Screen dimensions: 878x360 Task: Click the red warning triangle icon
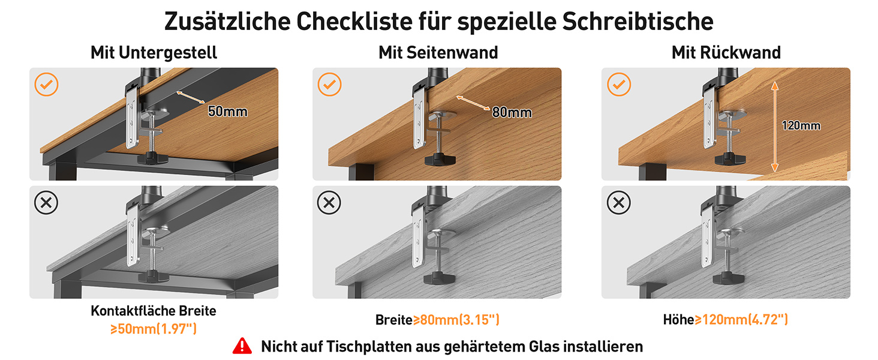(x=242, y=346)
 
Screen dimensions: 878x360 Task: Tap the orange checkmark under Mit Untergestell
(x=46, y=85)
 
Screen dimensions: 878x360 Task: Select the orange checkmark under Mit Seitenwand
(x=329, y=85)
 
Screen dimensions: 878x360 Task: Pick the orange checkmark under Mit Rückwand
(x=619, y=85)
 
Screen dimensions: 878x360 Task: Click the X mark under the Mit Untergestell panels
(x=46, y=203)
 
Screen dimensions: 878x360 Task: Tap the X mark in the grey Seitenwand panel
(x=329, y=203)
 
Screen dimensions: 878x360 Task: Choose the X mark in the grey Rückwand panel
(x=618, y=203)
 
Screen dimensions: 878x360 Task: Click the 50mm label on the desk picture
(x=228, y=112)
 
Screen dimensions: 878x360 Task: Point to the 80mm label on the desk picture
(x=512, y=113)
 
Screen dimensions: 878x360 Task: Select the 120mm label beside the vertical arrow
(x=801, y=125)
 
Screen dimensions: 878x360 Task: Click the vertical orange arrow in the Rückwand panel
(x=774, y=126)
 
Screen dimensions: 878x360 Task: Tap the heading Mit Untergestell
(x=154, y=53)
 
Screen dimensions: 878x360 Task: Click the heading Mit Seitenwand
(x=438, y=53)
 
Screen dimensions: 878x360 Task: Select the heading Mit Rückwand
(x=726, y=53)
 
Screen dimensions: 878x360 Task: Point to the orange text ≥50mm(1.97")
(x=154, y=329)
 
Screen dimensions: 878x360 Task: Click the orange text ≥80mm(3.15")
(x=456, y=320)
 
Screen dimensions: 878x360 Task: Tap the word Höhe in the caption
(x=678, y=320)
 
